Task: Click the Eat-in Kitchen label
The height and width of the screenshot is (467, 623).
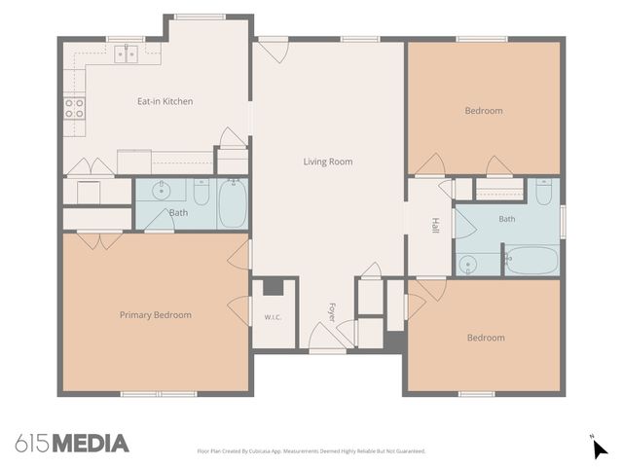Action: pyautogui.click(x=165, y=101)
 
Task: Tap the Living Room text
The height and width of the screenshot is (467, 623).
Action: pyautogui.click(x=328, y=162)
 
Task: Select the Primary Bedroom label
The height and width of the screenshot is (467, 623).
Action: pyautogui.click(x=156, y=315)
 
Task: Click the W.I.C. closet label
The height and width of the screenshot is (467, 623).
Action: pyautogui.click(x=273, y=317)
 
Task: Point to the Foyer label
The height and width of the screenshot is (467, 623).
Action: pyautogui.click(x=332, y=312)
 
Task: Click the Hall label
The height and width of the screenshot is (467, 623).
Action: pyautogui.click(x=435, y=225)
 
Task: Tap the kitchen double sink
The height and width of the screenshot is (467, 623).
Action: pyautogui.click(x=126, y=54)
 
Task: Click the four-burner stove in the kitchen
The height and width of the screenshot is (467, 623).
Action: pyautogui.click(x=74, y=108)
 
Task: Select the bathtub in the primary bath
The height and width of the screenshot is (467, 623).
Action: pyautogui.click(x=233, y=203)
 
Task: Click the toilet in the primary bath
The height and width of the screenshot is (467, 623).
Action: pyautogui.click(x=202, y=192)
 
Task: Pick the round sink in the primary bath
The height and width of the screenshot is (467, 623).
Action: pyautogui.click(x=162, y=191)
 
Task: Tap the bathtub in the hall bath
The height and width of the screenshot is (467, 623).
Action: pyautogui.click(x=532, y=261)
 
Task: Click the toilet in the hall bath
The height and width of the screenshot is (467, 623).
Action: pyautogui.click(x=543, y=192)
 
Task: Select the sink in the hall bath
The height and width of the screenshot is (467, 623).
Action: pyautogui.click(x=467, y=265)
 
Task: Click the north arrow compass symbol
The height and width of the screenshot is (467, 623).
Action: pyautogui.click(x=599, y=448)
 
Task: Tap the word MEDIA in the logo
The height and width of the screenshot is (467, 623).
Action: pyautogui.click(x=91, y=444)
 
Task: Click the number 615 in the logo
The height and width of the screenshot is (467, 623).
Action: pyautogui.click(x=32, y=444)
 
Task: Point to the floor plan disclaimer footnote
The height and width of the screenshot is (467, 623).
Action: pyautogui.click(x=311, y=451)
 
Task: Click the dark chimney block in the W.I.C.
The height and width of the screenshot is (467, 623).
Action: pyautogui.click(x=274, y=288)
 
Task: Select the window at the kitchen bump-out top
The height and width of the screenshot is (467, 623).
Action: pyautogui.click(x=201, y=17)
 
